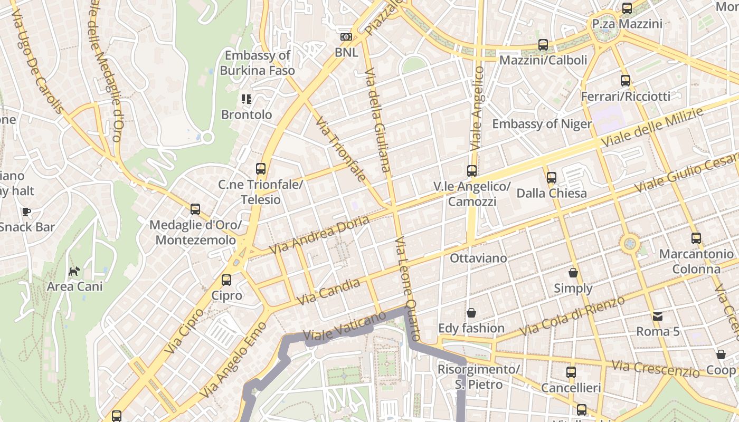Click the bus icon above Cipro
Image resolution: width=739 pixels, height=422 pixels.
click(226, 280)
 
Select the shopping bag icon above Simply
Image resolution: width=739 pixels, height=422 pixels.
click(573, 273)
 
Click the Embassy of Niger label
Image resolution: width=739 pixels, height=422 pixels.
click(542, 124)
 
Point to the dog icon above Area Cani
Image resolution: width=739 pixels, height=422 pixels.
click(74, 272)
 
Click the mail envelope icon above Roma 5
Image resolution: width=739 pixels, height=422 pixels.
click(658, 316)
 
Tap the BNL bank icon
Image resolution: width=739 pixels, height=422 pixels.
click(346, 37)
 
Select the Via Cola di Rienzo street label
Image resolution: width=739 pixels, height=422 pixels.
click(573, 315)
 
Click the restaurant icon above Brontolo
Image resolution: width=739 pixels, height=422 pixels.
click(247, 99)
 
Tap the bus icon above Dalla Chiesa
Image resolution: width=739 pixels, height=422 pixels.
click(552, 178)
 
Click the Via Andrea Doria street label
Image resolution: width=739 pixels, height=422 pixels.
click(319, 235)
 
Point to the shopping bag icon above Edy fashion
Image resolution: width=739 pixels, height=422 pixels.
click(471, 313)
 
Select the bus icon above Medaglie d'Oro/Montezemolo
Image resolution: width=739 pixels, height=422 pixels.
click(195, 209)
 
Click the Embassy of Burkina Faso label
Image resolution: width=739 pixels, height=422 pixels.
click(257, 63)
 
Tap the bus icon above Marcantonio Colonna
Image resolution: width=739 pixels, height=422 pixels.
click(696, 238)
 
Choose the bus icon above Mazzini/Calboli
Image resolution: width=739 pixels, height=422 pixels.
click(543, 45)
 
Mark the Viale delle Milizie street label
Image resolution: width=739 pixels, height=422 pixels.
click(652, 128)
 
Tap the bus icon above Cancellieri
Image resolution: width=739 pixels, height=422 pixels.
click(571, 372)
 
